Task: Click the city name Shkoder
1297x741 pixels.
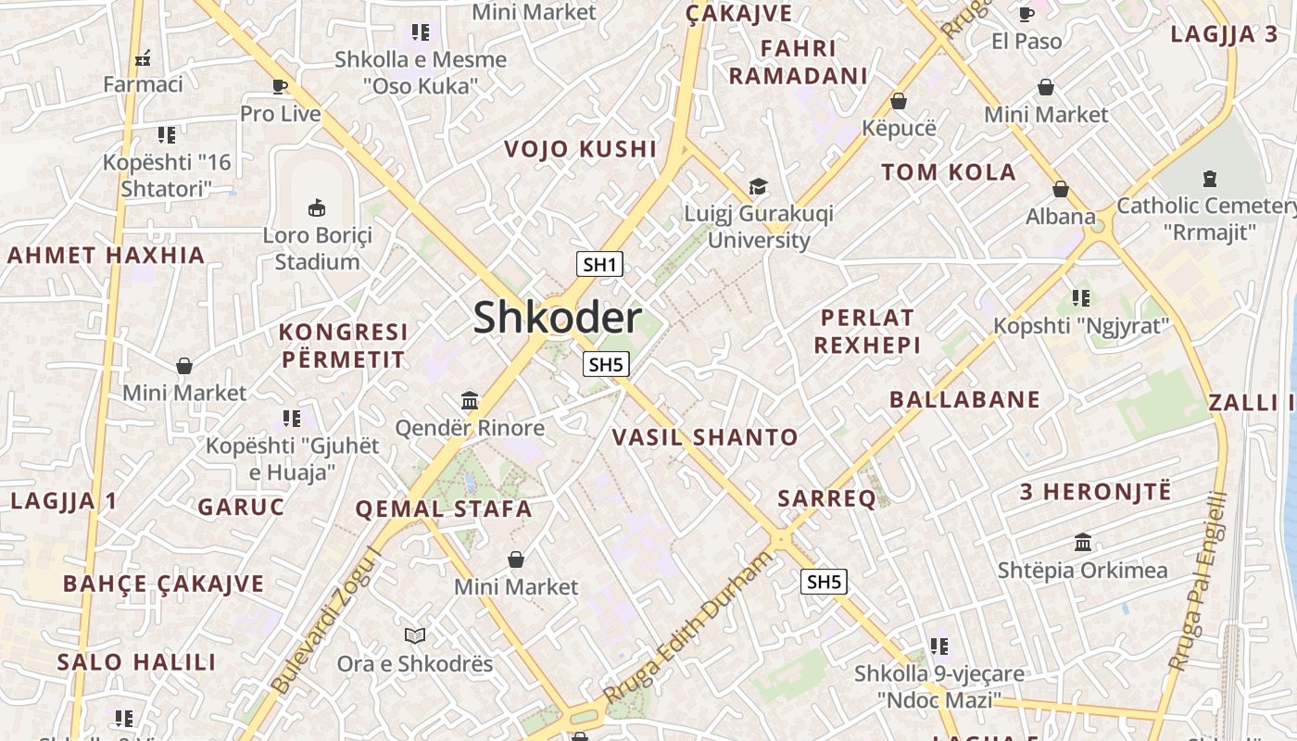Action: [557, 318]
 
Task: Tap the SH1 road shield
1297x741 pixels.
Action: [599, 264]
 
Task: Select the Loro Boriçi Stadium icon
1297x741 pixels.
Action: [317, 207]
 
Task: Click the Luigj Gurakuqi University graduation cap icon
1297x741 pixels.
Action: [758, 187]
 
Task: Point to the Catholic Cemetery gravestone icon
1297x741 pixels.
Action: [1209, 178]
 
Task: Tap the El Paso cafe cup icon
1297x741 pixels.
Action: [1026, 13]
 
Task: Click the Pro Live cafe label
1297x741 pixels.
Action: [280, 114]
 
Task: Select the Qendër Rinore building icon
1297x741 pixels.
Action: [470, 401]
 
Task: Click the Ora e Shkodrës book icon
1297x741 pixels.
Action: [415, 635]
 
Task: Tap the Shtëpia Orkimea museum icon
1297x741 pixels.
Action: [1082, 542]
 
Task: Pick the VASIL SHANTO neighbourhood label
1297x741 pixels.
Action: [705, 437]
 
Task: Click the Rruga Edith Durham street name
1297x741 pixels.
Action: [686, 627]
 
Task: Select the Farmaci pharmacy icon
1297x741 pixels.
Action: [143, 58]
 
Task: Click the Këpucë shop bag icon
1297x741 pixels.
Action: [899, 100]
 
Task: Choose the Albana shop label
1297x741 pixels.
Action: [1061, 217]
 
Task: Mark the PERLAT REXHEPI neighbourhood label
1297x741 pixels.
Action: [867, 331]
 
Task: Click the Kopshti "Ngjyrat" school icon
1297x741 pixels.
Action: [1080, 298]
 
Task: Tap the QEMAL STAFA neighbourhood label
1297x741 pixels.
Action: [444, 509]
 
